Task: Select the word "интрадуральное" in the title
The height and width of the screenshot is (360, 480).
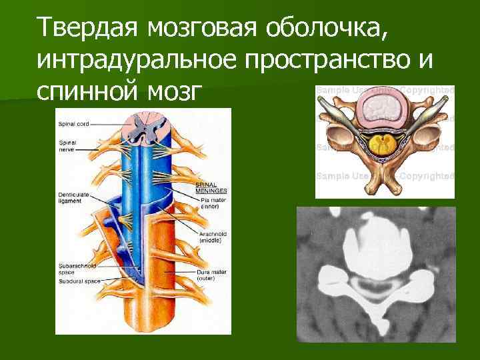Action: point(137,61)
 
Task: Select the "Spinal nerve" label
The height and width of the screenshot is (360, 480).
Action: point(69,146)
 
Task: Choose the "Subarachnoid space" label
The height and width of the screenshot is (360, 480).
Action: point(75,270)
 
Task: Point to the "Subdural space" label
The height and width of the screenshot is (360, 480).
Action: point(79,281)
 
